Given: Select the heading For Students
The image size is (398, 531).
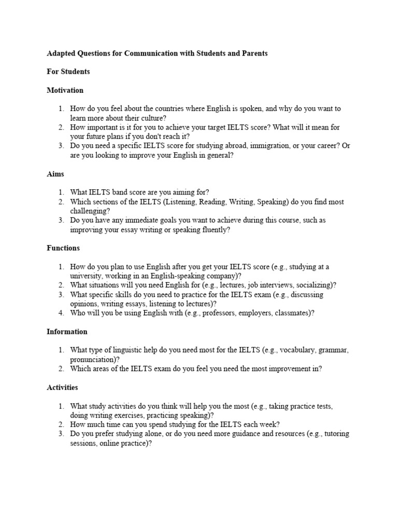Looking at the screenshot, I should (x=68, y=72).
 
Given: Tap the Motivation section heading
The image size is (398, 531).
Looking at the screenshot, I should (x=65, y=90).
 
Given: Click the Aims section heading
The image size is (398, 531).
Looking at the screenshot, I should (x=55, y=174).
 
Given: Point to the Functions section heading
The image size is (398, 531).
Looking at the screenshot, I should (x=63, y=248).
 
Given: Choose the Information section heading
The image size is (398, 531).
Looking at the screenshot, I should (x=67, y=331).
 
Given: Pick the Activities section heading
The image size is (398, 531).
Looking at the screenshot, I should (x=62, y=387).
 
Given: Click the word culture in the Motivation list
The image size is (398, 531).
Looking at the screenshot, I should (x=151, y=118).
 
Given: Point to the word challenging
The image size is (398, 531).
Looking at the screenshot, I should (x=89, y=211).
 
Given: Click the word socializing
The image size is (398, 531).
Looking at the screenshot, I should (x=316, y=285).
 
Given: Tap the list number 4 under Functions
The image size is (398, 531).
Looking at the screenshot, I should (x=61, y=313).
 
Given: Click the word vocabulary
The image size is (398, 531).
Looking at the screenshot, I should (x=299, y=350).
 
